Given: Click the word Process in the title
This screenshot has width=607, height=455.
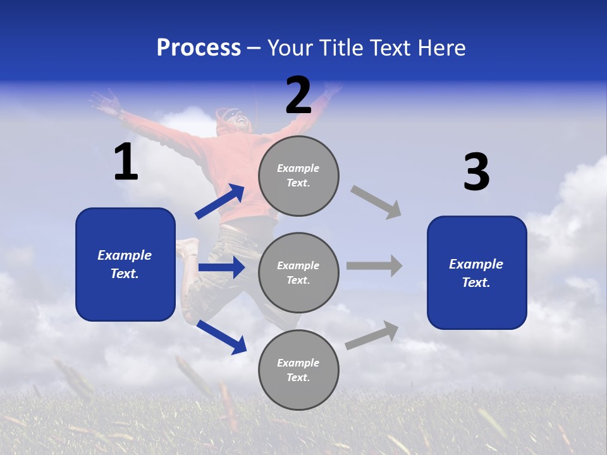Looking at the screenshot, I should pyautogui.click(x=199, y=48).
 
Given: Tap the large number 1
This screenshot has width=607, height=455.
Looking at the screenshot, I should pyautogui.click(x=126, y=162).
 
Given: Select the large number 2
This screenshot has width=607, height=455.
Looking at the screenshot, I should pyautogui.click(x=298, y=95).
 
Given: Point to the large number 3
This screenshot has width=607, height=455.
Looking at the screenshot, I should pyautogui.click(x=476, y=173).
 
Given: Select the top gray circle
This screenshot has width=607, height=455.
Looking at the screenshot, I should pyautogui.click(x=298, y=176).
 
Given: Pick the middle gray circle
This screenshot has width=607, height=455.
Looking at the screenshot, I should pyautogui.click(x=298, y=272).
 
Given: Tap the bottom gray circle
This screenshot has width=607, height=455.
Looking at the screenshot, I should pyautogui.click(x=298, y=370).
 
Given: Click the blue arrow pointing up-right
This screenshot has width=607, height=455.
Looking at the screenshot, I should pyautogui.click(x=220, y=202).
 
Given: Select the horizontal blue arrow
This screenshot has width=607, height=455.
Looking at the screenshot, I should pyautogui.click(x=221, y=267).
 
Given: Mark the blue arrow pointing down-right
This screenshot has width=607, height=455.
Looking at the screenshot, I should pyautogui.click(x=221, y=337).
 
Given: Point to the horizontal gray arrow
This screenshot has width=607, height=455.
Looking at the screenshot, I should pyautogui.click(x=374, y=266).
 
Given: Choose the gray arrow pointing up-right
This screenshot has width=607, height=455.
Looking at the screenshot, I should pyautogui.click(x=372, y=336).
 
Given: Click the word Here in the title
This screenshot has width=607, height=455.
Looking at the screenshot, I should pyautogui.click(x=441, y=48).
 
